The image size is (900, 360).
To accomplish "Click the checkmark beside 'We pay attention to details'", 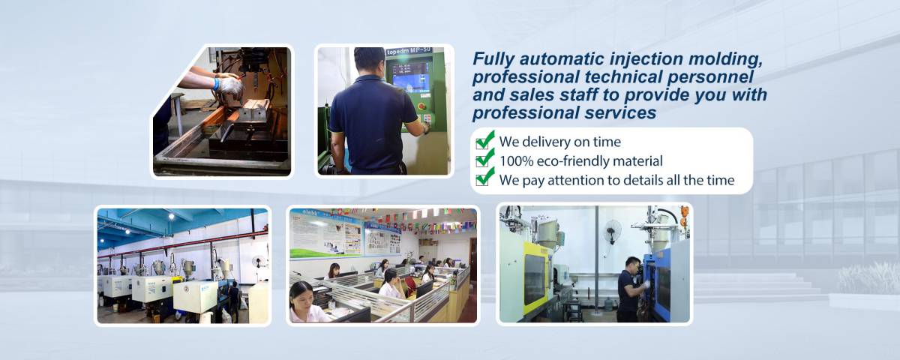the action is pos(484,177).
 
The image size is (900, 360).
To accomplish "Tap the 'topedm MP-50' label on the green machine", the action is pos(409,52).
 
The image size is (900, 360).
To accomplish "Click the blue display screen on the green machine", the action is pos(409,77).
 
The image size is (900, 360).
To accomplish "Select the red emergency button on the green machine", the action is pos(421,106).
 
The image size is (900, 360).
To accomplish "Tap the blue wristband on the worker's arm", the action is pos(217,83).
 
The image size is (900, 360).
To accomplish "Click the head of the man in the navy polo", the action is pos(370,60).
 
